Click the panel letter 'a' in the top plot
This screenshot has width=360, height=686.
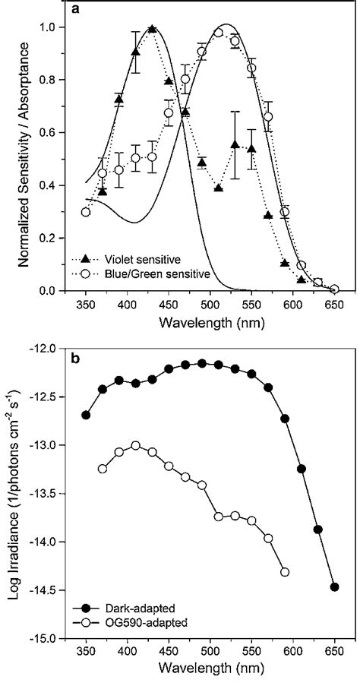(x=76, y=10)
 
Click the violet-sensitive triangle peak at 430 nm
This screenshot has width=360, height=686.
(x=152, y=29)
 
